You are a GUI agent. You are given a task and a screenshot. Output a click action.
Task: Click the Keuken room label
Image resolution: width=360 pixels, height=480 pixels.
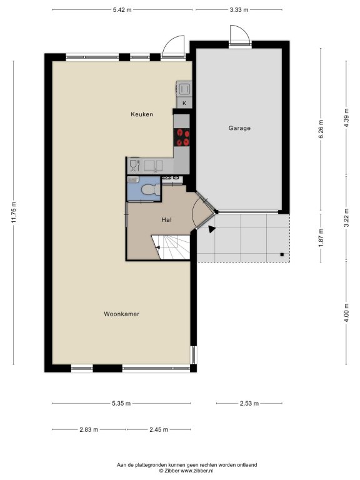(x=142, y=114)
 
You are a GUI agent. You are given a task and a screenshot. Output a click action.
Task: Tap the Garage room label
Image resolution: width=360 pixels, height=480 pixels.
(x=239, y=128)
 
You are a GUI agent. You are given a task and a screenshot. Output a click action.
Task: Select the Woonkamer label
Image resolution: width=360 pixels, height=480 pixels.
(x=121, y=314)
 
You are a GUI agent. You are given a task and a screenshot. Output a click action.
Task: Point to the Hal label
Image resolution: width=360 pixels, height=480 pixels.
(x=166, y=220)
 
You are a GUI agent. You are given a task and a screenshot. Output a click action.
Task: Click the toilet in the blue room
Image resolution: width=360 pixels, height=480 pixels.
(x=151, y=189)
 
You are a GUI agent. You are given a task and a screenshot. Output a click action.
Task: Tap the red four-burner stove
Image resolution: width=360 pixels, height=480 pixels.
(x=181, y=137)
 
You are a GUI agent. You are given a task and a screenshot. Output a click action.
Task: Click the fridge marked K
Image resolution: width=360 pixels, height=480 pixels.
(x=184, y=103)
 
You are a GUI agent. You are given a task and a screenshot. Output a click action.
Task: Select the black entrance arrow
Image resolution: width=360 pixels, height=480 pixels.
(x=211, y=229)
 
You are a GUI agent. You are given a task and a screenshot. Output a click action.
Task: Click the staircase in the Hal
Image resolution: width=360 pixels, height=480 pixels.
(x=171, y=247)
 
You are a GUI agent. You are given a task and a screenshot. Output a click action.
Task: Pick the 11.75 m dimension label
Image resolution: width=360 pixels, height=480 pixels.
(x=14, y=212)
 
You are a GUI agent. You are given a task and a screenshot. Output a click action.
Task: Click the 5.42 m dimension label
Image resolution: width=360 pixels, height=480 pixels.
(x=122, y=10)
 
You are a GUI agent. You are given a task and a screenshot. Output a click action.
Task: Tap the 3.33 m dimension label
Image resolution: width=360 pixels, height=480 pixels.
(x=239, y=10)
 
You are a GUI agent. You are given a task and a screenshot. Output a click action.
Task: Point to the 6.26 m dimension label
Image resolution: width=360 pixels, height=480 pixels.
(x=321, y=129)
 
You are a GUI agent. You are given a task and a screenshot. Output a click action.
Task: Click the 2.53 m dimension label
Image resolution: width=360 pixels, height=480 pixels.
(x=249, y=404)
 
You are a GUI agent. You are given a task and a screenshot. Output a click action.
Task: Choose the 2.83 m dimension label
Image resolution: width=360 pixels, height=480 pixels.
(x=89, y=430)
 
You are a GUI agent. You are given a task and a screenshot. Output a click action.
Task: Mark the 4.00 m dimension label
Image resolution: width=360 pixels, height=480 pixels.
(x=346, y=312)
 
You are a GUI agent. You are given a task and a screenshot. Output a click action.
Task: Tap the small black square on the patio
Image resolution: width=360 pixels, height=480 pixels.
(x=282, y=254)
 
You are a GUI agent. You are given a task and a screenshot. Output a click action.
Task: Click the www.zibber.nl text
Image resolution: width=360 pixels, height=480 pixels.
(x=197, y=471)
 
